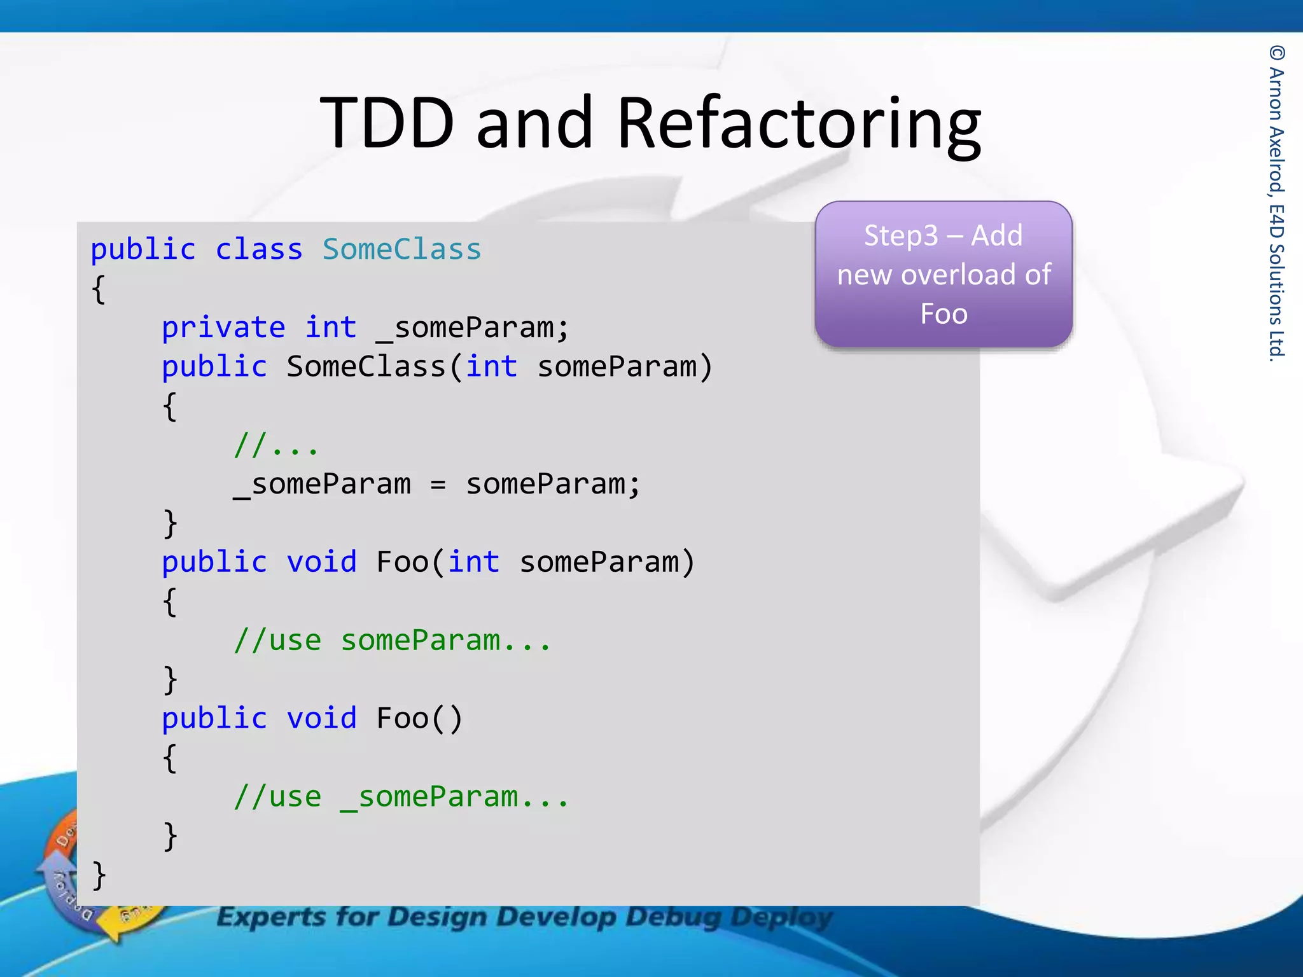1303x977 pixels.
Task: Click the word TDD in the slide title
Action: [x=387, y=122]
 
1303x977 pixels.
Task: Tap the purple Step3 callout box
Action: [x=944, y=274]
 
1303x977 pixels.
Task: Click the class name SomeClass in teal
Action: [x=401, y=249]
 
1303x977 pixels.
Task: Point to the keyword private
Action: [x=223, y=328]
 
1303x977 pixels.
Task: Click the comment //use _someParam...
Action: [x=400, y=797]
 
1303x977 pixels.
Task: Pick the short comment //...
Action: [x=275, y=445]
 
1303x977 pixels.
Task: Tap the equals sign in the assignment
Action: [x=438, y=485]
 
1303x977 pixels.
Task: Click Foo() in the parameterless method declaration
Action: [x=419, y=719]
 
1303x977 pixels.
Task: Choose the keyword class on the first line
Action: [x=258, y=249]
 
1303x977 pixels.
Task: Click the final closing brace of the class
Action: [x=99, y=876]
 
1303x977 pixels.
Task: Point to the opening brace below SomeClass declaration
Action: [x=99, y=289]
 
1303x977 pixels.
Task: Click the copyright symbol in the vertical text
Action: [x=1276, y=53]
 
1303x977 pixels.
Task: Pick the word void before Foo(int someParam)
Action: [x=321, y=562]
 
